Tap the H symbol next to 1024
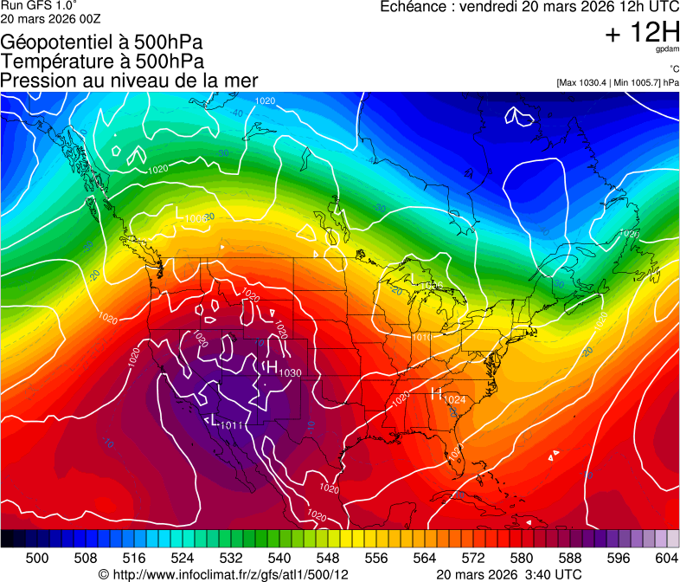(x=436, y=393)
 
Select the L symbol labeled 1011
(x=214, y=420)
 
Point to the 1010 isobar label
(x=422, y=338)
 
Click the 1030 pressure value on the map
(x=290, y=372)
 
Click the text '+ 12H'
(x=642, y=33)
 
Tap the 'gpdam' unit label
(x=667, y=49)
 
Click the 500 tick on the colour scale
(x=36, y=558)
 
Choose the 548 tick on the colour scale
(x=327, y=558)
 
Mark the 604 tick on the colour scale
(x=665, y=558)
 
